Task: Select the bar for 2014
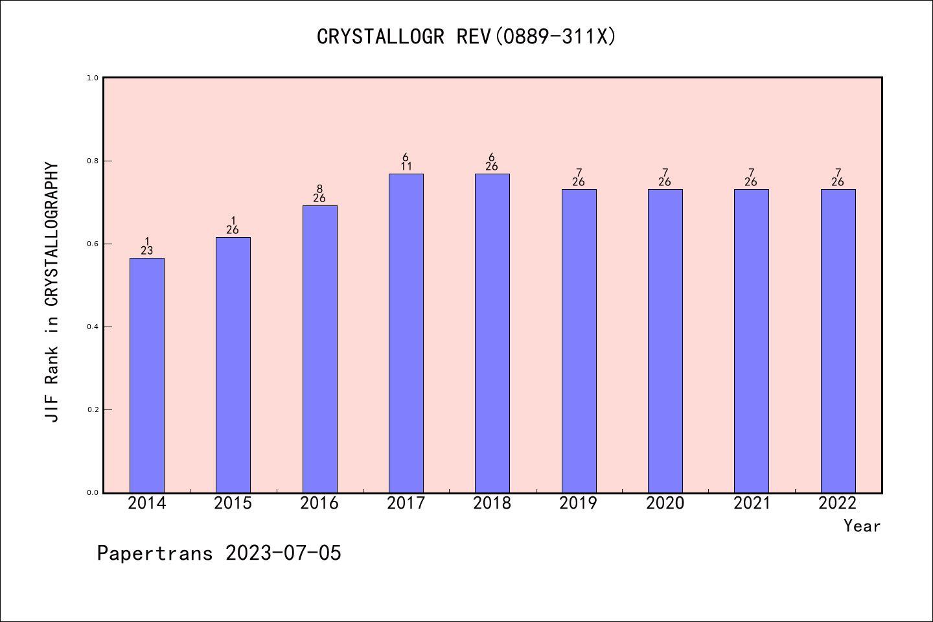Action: pyautogui.click(x=147, y=375)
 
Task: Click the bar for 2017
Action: pyautogui.click(x=406, y=333)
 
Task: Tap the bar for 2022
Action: pyautogui.click(x=838, y=341)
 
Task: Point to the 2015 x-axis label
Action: pyautogui.click(x=233, y=503)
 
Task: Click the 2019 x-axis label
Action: pyautogui.click(x=579, y=503)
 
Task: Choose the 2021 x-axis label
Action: pyautogui.click(x=752, y=503)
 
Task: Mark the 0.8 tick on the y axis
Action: pyautogui.click(x=93, y=161)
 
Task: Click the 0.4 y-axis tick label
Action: pyautogui.click(x=93, y=327)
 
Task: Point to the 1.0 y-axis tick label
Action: pyautogui.click(x=93, y=78)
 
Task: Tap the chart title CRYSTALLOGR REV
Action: pyautogui.click(x=466, y=37)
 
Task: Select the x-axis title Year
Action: pyautogui.click(x=862, y=526)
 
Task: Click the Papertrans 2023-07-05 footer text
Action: pyautogui.click(x=219, y=553)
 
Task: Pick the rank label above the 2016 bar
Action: pyautogui.click(x=319, y=194)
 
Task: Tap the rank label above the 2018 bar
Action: pyautogui.click(x=492, y=162)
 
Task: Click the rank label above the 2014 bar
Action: pyautogui.click(x=147, y=246)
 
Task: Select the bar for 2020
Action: pyautogui.click(x=665, y=341)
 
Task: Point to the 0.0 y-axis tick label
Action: pyautogui.click(x=93, y=492)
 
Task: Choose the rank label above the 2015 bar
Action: pyautogui.click(x=233, y=225)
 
